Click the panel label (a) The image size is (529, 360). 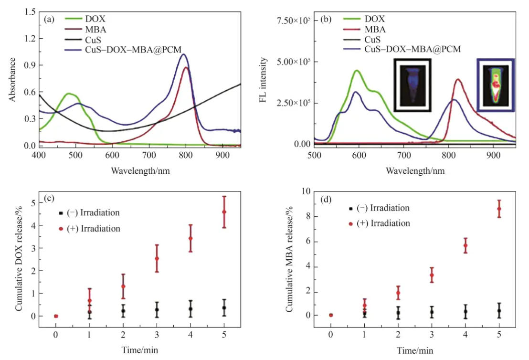(48, 20)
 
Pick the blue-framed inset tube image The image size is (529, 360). (496, 85)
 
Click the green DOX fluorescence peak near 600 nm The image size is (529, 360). (356, 71)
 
